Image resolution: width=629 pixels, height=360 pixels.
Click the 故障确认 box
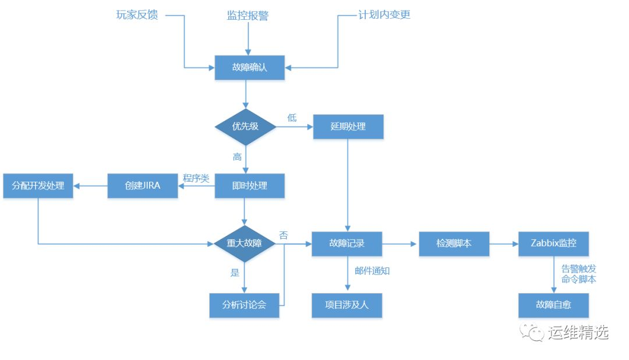249,68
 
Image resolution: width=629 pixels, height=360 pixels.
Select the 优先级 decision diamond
246,127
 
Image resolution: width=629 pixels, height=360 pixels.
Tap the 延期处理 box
348,127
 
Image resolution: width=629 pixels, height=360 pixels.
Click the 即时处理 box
249,186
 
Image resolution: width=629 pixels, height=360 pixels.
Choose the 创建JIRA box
143,186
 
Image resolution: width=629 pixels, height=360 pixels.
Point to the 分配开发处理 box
38,186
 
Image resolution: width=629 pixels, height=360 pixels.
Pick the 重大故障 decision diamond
244,243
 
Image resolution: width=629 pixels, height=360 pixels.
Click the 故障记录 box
347,243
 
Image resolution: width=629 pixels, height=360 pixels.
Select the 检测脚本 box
454,243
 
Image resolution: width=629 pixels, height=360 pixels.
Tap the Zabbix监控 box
554,243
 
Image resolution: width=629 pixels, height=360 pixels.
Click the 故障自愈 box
554,305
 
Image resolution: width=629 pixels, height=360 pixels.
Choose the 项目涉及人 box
347,305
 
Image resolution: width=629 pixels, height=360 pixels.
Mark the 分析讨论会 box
244,305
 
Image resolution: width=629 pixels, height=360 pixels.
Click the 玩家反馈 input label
137,15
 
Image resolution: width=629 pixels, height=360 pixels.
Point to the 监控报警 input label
248,16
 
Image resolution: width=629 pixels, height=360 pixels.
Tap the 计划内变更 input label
384,15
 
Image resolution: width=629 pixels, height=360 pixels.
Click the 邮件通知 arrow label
372,271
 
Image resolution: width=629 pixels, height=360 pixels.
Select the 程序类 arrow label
196,178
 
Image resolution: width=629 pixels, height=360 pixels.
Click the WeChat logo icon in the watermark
532,332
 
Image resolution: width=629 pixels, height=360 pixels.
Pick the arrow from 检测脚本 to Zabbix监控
504,243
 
